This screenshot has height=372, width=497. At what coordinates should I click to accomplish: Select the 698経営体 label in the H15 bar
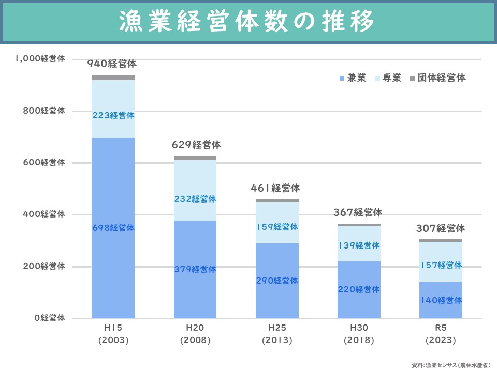point(113,228)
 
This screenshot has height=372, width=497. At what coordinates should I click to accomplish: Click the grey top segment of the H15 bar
point(113,78)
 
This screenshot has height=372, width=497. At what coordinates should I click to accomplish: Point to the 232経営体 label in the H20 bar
point(195,199)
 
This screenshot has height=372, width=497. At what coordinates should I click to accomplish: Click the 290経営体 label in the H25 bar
point(277,281)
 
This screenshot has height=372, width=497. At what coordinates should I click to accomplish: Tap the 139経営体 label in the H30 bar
point(359,246)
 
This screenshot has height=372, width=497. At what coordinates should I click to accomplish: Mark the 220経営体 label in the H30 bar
point(359,290)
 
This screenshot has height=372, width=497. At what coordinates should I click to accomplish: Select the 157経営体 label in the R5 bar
point(441,266)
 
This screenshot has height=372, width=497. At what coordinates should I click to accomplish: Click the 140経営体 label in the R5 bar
point(441,301)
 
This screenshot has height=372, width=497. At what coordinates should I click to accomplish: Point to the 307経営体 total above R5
point(441,229)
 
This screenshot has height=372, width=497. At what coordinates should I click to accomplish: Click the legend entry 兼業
point(353,78)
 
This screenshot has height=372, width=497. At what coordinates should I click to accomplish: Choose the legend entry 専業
point(388,78)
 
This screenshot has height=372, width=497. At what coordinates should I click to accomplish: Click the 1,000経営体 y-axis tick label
point(40,59)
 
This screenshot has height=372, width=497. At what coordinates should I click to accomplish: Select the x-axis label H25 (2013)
point(277,334)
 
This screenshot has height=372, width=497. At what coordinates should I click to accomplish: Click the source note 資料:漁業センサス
point(451,365)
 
